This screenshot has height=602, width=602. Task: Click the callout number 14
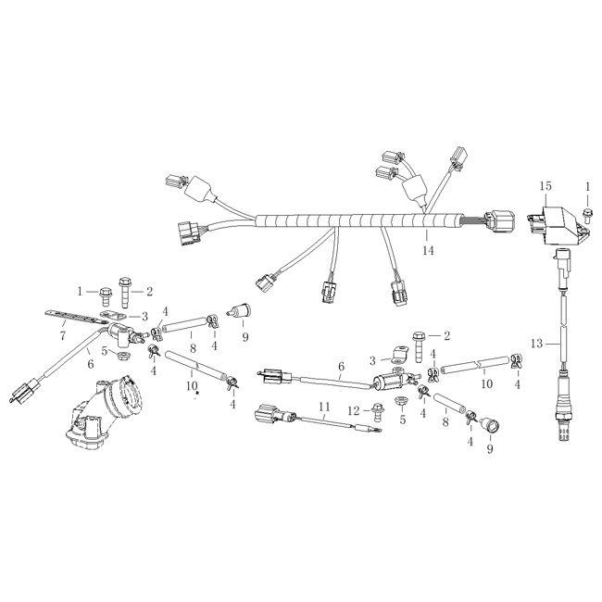pyautogui.click(x=428, y=251)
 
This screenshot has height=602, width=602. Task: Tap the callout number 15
pyautogui.click(x=546, y=186)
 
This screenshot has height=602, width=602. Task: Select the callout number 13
pyautogui.click(x=536, y=344)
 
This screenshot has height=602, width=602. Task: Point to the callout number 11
pyautogui.click(x=324, y=406)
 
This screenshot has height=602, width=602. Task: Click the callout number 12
pyautogui.click(x=354, y=411)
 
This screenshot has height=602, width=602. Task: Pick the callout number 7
pyautogui.click(x=63, y=336)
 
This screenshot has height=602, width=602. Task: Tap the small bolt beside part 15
pyautogui.click(x=587, y=215)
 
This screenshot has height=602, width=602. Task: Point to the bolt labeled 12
pyautogui.click(x=378, y=412)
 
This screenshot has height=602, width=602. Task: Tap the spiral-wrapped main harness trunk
pyautogui.click(x=359, y=220)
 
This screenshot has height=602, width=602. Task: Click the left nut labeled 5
pyautogui.click(x=123, y=354)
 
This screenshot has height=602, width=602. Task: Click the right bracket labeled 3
pyautogui.click(x=399, y=355)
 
